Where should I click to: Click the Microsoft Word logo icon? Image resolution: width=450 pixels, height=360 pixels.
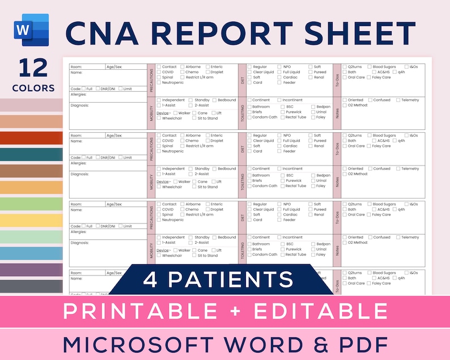click(32, 29)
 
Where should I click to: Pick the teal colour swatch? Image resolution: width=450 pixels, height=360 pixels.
click(31, 155)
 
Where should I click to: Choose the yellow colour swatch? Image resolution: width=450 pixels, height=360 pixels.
click(31, 221)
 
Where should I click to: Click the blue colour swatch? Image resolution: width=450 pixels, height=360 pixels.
click(31, 253)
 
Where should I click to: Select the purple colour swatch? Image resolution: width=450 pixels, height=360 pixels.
click(31, 270)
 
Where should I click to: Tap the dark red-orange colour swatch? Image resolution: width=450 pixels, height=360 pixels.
click(31, 138)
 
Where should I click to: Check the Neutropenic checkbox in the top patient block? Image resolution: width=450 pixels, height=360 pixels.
click(159, 82)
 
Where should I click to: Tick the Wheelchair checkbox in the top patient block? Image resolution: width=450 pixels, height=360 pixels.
click(159, 118)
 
